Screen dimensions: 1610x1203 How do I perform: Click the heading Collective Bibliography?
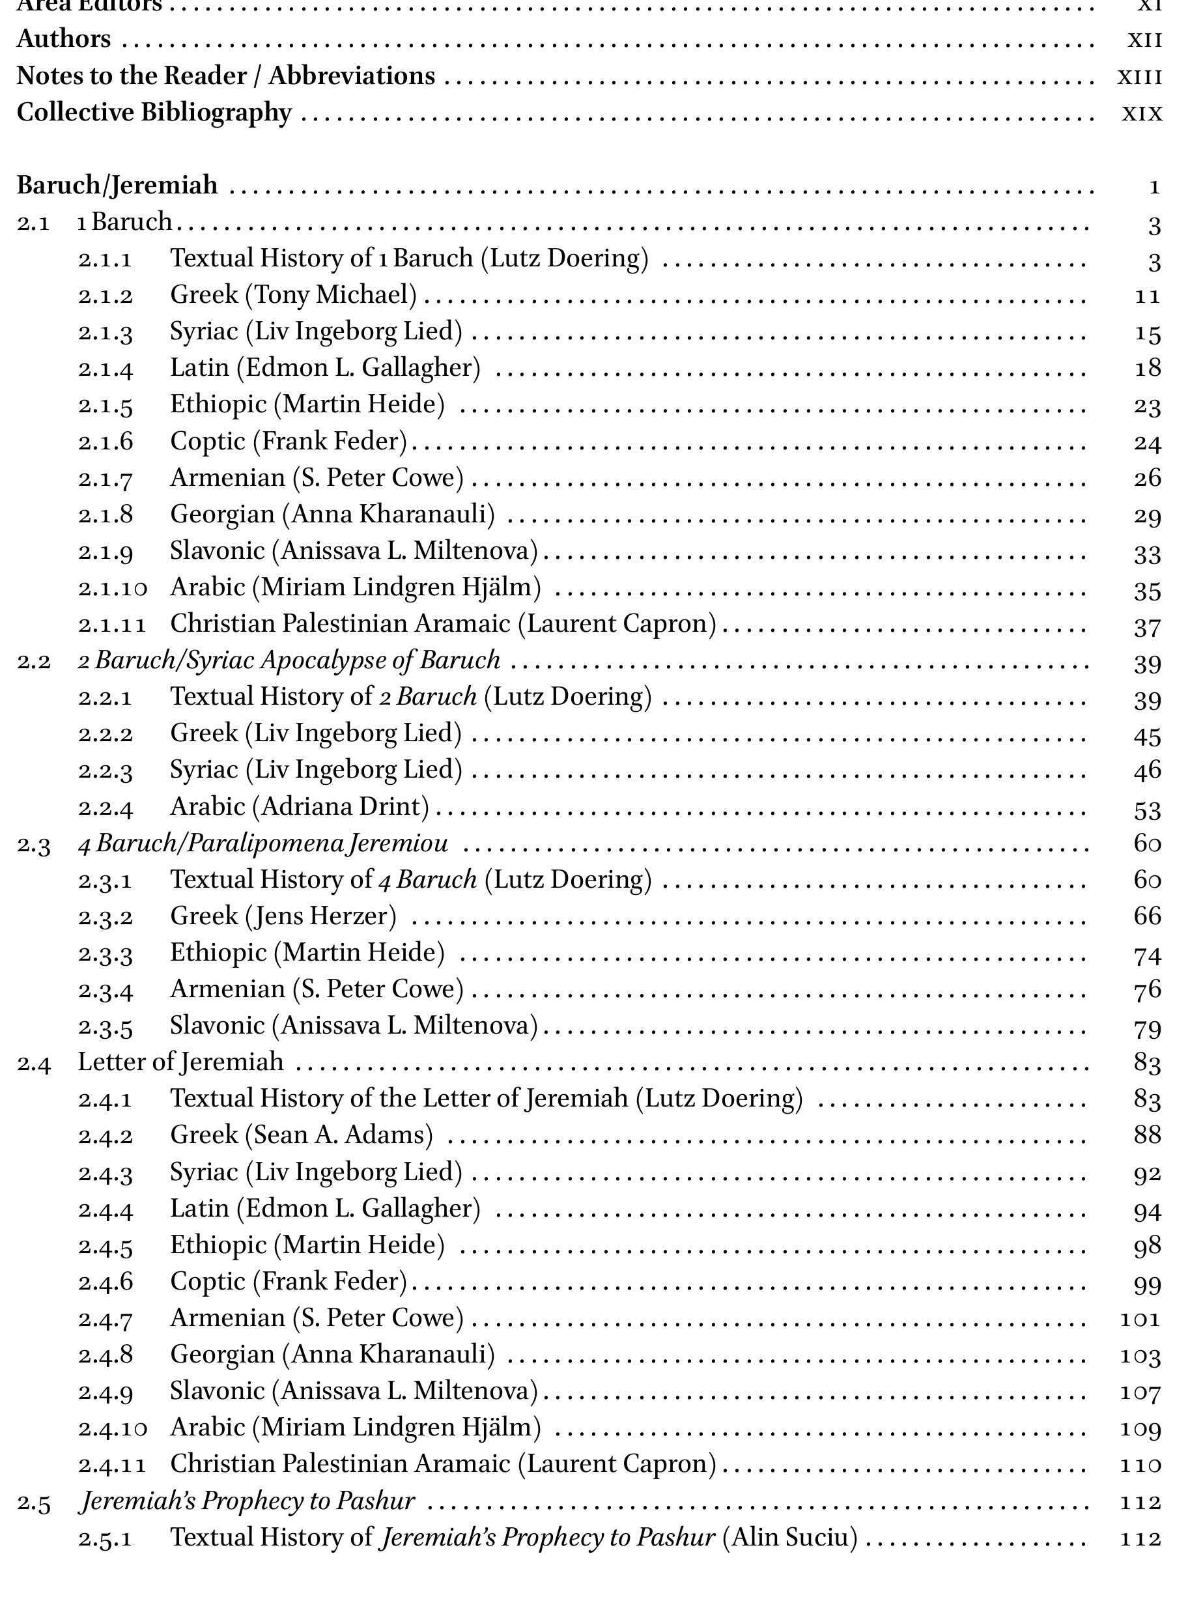tap(154, 113)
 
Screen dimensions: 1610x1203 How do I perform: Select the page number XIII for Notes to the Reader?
tap(1139, 77)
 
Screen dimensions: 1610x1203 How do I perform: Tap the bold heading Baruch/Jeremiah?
tap(117, 186)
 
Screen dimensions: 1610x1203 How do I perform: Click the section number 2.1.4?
tap(106, 369)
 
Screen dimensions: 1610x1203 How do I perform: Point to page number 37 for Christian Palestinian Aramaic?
tap(1147, 627)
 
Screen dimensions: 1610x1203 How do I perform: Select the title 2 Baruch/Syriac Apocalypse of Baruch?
tap(289, 660)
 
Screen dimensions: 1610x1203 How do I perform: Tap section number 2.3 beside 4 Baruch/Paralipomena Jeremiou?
tap(33, 844)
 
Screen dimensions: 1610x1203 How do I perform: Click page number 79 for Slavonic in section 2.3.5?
tap(1147, 1028)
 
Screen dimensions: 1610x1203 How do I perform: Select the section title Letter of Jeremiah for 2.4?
tap(180, 1062)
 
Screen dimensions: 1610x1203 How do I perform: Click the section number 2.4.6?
tap(106, 1282)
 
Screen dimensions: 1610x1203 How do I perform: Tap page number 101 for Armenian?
tap(1140, 1318)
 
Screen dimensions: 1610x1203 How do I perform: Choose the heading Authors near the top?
tap(63, 39)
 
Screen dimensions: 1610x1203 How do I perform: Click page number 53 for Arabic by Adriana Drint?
tap(1147, 810)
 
